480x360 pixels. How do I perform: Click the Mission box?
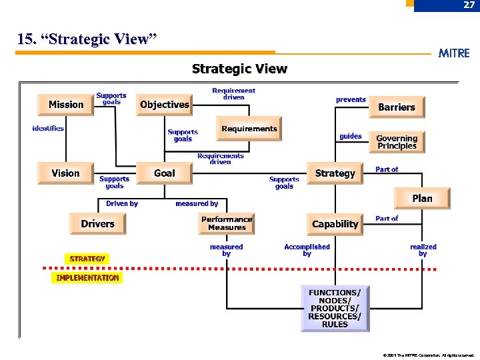(x=66, y=105)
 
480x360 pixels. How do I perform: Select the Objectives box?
(x=165, y=105)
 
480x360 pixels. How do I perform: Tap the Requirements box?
(x=249, y=129)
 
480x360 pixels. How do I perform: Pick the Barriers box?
(x=397, y=107)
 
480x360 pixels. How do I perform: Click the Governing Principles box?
(x=397, y=142)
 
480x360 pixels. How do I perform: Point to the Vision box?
(x=65, y=173)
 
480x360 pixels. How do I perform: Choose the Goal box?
(x=165, y=173)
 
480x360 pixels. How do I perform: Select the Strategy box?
(x=335, y=173)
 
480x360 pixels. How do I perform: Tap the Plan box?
(x=422, y=199)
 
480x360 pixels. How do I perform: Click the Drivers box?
(x=97, y=224)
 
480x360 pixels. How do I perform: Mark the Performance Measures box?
(x=227, y=223)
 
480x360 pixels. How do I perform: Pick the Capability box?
(x=335, y=224)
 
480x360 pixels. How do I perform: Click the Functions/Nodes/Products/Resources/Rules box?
(x=335, y=309)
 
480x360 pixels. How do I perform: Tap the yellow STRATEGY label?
(x=87, y=259)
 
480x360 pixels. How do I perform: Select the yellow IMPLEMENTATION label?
(x=87, y=278)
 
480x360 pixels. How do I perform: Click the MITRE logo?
(x=454, y=53)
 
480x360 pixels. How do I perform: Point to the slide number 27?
(x=469, y=5)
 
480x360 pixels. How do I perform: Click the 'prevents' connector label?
(x=351, y=100)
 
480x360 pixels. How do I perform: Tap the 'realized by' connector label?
(x=423, y=250)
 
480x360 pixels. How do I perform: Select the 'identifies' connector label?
(x=48, y=128)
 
